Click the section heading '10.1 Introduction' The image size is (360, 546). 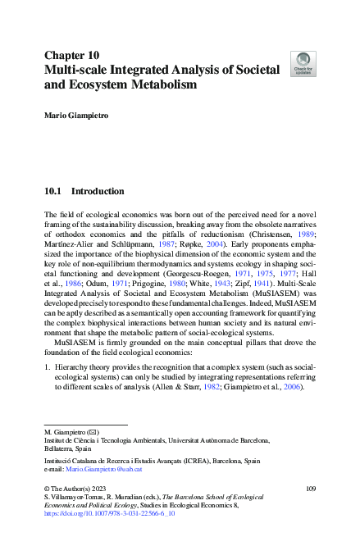pyautogui.click(x=84, y=192)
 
